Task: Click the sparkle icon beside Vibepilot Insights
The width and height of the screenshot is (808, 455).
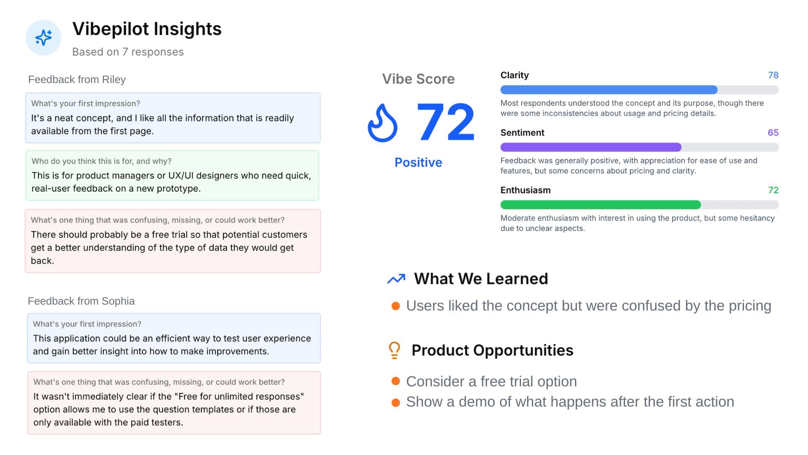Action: pyautogui.click(x=43, y=37)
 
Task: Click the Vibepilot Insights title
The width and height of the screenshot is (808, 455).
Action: pyautogui.click(x=147, y=29)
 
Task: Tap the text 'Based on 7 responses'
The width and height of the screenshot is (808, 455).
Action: pyautogui.click(x=128, y=52)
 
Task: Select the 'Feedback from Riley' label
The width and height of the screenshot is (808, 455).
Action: pyautogui.click(x=77, y=79)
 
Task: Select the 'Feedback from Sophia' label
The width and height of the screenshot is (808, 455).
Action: pyautogui.click(x=81, y=301)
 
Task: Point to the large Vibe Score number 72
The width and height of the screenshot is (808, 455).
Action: pyautogui.click(x=445, y=122)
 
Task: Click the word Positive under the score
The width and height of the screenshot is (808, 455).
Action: pyautogui.click(x=418, y=162)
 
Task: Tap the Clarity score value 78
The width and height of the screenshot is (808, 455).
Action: pyautogui.click(x=773, y=75)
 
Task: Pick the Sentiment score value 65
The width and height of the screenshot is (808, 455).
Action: pyautogui.click(x=773, y=132)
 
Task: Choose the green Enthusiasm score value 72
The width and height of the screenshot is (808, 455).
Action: pyautogui.click(x=773, y=190)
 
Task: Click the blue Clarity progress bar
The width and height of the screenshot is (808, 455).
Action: pyautogui.click(x=609, y=90)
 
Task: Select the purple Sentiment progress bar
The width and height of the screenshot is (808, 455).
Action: pyautogui.click(x=590, y=147)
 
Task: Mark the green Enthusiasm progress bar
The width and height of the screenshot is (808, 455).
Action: pyautogui.click(x=600, y=205)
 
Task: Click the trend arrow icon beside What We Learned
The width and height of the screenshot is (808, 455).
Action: pyautogui.click(x=396, y=279)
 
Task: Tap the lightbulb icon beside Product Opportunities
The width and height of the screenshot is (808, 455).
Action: pyautogui.click(x=394, y=350)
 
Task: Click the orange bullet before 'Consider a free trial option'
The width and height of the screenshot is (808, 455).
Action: pyautogui.click(x=396, y=381)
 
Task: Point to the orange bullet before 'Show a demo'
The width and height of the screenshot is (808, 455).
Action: pyautogui.click(x=396, y=402)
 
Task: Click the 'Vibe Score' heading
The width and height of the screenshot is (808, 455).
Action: pyautogui.click(x=418, y=79)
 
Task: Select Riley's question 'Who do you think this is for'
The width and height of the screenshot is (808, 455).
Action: pyautogui.click(x=101, y=161)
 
